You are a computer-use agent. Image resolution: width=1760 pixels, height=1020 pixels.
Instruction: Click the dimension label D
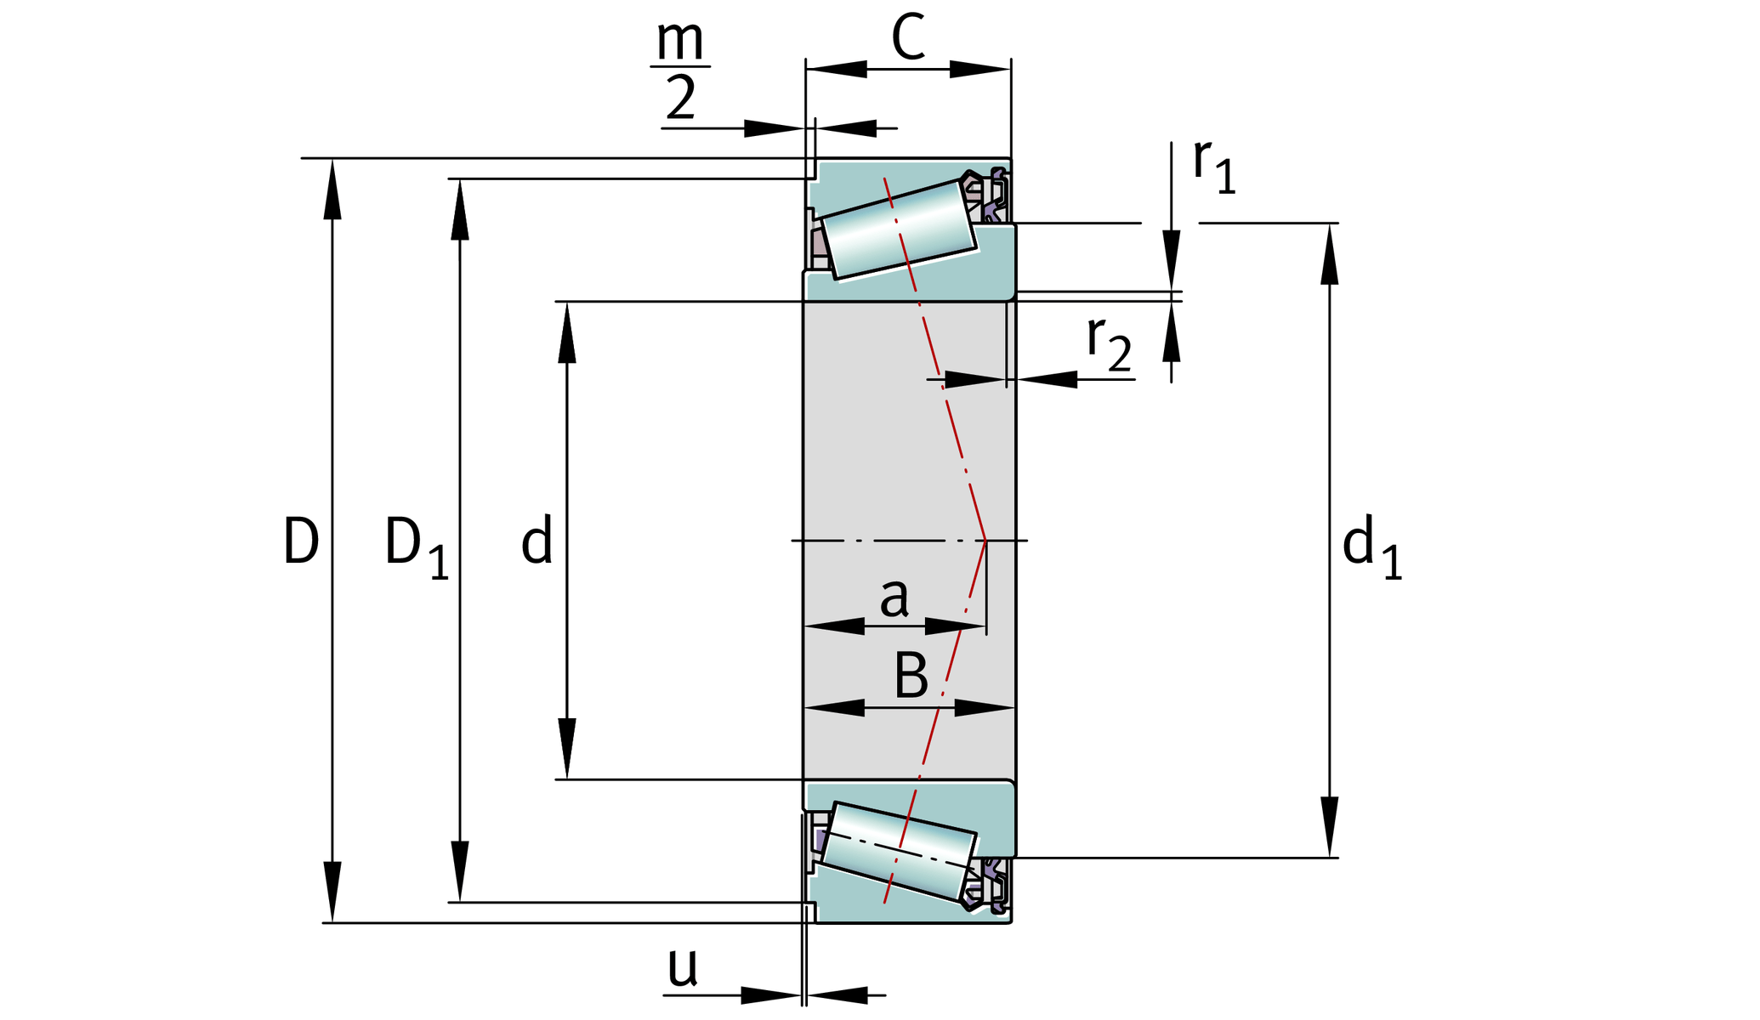pos(301,541)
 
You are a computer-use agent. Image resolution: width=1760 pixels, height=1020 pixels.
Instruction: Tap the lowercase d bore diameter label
pos(537,541)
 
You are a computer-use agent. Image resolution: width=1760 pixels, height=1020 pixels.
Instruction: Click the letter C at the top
pos(908,38)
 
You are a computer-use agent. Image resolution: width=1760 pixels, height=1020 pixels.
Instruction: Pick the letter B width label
pos(911,677)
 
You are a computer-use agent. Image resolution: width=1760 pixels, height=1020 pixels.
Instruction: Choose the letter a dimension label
pos(894,597)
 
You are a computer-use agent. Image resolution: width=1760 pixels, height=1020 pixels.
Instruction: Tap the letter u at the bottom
pos(682,966)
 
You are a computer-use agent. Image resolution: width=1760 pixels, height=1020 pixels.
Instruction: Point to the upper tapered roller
pos(899,229)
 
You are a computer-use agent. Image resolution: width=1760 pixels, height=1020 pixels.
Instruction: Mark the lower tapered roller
pos(899,851)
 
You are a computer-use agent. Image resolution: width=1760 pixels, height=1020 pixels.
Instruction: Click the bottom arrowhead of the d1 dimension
pos(1330,828)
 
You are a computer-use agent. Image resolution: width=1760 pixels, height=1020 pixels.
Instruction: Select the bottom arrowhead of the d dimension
pos(567,749)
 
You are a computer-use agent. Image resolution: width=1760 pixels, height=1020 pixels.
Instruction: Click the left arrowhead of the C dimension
pos(836,69)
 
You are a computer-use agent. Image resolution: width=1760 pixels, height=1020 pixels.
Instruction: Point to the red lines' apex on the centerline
pos(985,541)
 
